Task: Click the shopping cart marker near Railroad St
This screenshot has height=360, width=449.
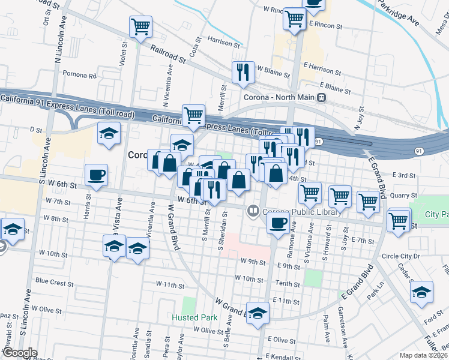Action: (x=140, y=26)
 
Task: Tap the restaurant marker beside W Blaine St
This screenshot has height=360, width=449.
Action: (x=243, y=73)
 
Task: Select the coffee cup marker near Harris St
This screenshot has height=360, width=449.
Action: (x=96, y=175)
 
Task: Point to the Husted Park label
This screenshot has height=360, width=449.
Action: (x=194, y=317)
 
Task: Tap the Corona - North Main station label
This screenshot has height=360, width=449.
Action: (x=280, y=97)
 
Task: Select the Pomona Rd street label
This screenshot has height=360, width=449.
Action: (x=80, y=76)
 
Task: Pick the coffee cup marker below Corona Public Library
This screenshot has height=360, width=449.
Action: (x=277, y=223)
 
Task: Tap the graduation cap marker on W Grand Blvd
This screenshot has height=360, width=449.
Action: (x=258, y=314)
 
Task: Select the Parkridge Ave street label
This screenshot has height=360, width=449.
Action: (x=397, y=12)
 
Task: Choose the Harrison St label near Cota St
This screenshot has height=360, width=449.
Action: (x=223, y=44)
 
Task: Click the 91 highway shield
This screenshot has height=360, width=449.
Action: (x=319, y=142)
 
